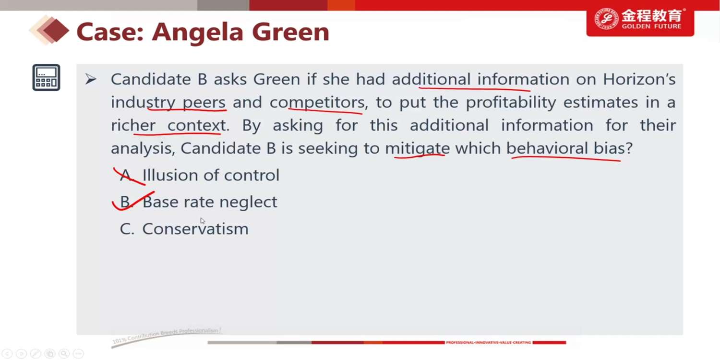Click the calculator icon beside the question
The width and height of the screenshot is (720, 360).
(46, 77)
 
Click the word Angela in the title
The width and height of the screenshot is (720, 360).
(198, 32)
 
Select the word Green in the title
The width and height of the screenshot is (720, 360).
(290, 32)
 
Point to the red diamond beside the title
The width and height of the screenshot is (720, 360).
(56, 31)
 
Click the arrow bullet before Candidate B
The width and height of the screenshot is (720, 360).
(91, 79)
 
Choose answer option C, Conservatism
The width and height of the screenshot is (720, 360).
(184, 229)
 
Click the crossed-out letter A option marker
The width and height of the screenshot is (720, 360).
(126, 176)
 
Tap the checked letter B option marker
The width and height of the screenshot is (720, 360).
(125, 202)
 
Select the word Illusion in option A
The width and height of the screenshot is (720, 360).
(170, 175)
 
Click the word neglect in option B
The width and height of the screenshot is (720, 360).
(248, 202)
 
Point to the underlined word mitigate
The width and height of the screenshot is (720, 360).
(418, 148)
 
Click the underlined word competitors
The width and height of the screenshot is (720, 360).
(317, 103)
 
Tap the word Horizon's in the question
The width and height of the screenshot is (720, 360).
(639, 79)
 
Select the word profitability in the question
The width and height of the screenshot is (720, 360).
(511, 103)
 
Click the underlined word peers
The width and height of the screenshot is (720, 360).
(204, 103)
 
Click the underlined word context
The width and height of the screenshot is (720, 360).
(196, 125)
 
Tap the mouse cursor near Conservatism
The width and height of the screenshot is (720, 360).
(203, 221)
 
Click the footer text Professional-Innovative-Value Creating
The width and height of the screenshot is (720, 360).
(488, 342)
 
